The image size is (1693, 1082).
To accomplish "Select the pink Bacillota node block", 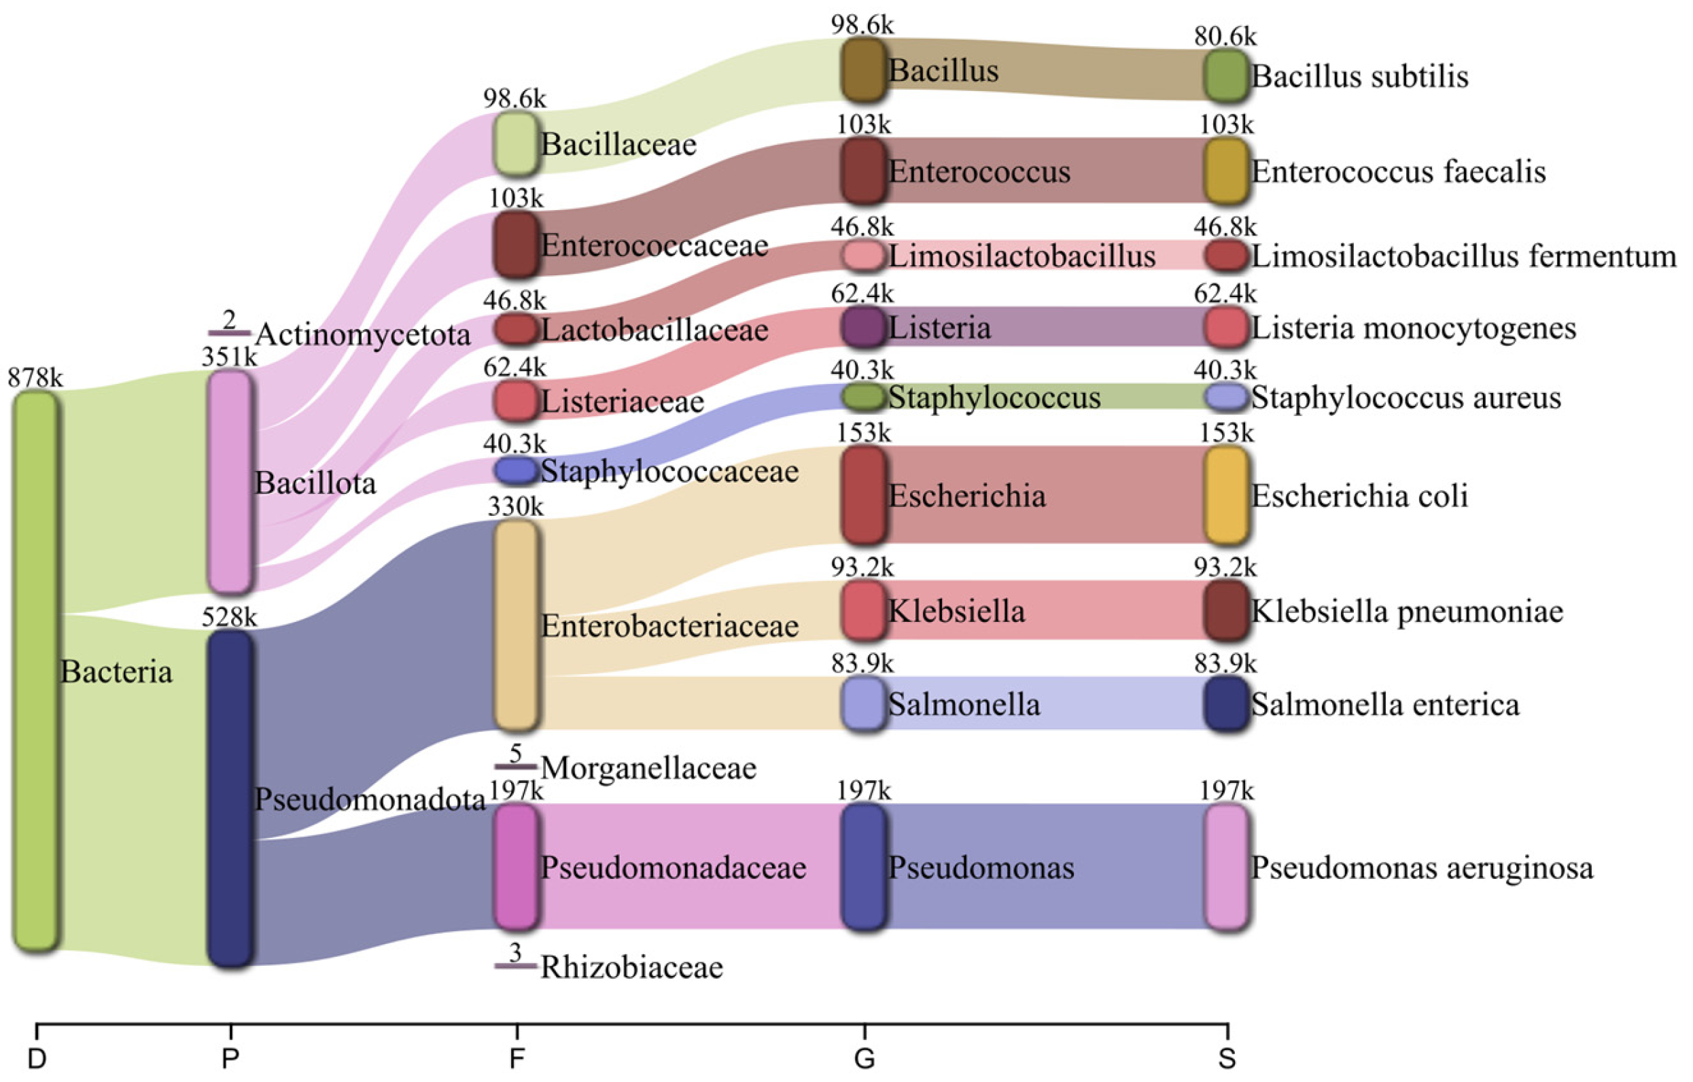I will coord(229,483).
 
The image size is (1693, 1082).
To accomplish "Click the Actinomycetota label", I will coord(362,334).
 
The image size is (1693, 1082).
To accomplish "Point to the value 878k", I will coord(35,379).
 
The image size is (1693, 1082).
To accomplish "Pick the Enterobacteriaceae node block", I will coord(515,625).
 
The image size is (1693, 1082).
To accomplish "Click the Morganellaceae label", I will coord(648,768).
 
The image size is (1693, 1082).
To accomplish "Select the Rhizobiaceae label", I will coord(631,967).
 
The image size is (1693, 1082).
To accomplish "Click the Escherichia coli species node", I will coord(1226,495).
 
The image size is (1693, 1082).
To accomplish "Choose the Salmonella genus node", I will coord(862,703).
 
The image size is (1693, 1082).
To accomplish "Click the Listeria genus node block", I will coord(862,327).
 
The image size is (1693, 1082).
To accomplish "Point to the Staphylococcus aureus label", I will coord(1406,398).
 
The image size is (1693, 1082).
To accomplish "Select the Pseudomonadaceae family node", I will coord(515,867).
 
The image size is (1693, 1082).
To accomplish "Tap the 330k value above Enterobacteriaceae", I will coord(515,506).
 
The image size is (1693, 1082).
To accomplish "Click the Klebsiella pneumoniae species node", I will coord(1226,610).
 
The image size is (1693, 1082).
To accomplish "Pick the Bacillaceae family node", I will coord(515,144).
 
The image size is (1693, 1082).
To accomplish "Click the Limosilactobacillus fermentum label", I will coord(1464,256).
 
